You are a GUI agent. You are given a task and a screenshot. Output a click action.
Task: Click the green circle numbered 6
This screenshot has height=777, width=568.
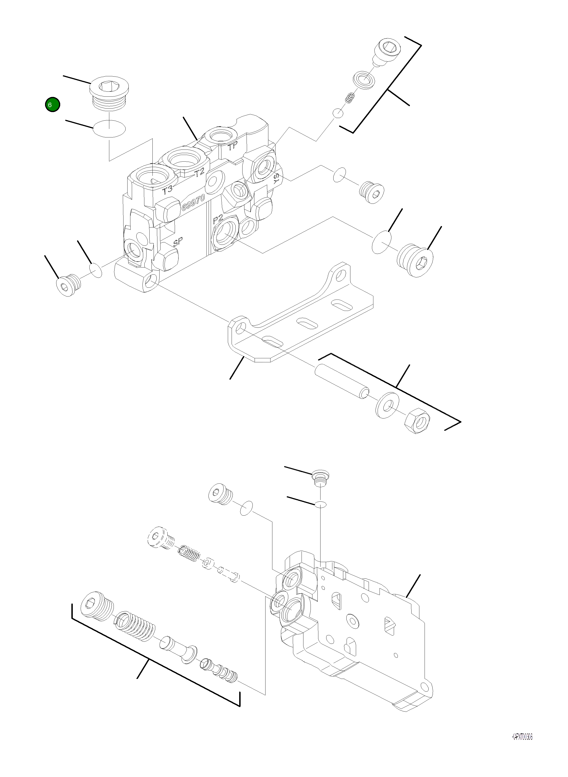pyautogui.click(x=52, y=105)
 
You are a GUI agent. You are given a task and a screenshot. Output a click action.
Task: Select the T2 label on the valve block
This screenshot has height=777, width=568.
pyautogui.click(x=199, y=173)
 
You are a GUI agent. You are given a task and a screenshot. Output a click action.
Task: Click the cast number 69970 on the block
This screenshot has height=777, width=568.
pyautogui.click(x=194, y=203)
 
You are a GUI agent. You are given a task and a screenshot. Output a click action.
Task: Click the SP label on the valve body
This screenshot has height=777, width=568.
pyautogui.click(x=178, y=242)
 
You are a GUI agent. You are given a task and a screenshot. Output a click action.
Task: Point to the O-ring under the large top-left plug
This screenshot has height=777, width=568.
pyautogui.click(x=109, y=129)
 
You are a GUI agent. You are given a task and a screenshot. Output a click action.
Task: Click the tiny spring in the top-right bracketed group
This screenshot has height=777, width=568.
pyautogui.click(x=350, y=98)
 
